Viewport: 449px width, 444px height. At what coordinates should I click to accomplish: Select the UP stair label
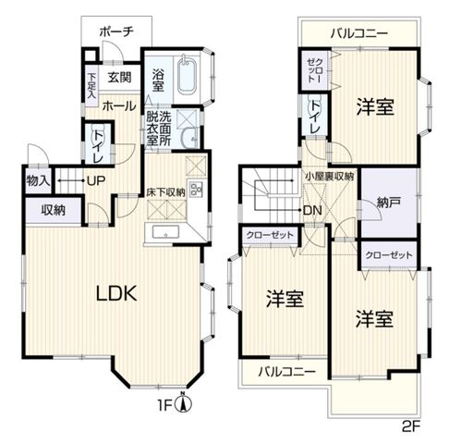click(94, 179)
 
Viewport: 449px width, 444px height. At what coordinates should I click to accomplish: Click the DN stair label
click(312, 209)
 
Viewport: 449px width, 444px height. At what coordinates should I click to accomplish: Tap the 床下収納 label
click(164, 192)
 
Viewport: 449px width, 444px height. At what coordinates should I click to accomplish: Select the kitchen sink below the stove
click(168, 233)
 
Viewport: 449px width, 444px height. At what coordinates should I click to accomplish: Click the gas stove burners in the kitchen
click(196, 190)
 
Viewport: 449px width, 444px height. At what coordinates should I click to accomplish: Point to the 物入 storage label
click(37, 179)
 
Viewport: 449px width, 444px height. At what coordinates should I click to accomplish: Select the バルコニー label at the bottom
click(286, 372)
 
